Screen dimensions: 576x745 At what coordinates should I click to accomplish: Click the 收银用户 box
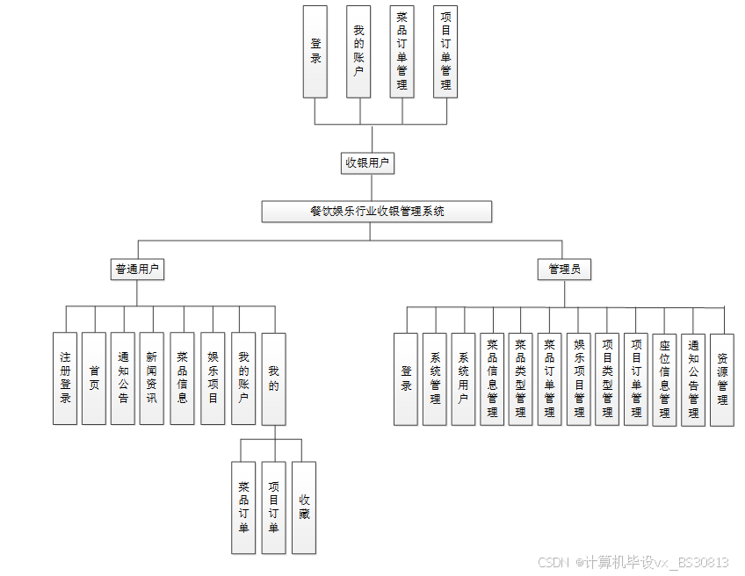tap(367, 162)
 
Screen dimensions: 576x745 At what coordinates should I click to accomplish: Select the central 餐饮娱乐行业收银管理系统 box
tap(377, 212)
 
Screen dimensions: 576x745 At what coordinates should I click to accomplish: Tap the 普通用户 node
tap(139, 269)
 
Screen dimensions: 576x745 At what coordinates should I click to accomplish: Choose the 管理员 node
tap(564, 269)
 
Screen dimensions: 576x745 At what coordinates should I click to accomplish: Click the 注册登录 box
tap(65, 378)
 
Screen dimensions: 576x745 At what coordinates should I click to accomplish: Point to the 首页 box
tap(94, 378)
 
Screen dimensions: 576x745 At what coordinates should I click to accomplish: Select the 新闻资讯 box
tap(152, 378)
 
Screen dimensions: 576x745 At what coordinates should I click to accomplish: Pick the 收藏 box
tap(304, 508)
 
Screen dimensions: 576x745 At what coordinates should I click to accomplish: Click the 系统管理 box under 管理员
tap(435, 379)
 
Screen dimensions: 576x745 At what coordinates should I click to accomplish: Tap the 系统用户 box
tap(463, 379)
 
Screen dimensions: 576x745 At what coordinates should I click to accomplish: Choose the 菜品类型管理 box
tap(521, 379)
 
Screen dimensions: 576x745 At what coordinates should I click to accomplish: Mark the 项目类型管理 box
tap(607, 379)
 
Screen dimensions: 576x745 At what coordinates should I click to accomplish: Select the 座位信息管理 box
tap(665, 379)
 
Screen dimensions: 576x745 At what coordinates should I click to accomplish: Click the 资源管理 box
tap(722, 379)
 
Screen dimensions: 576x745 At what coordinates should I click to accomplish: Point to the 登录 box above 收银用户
tap(315, 52)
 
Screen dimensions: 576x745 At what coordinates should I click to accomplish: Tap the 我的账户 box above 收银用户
tap(358, 52)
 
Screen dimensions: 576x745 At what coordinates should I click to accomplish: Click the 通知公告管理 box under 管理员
tap(693, 379)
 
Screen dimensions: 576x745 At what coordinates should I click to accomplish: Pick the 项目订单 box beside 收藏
tap(274, 508)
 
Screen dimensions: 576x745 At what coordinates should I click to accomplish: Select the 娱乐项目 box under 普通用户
tap(213, 378)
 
